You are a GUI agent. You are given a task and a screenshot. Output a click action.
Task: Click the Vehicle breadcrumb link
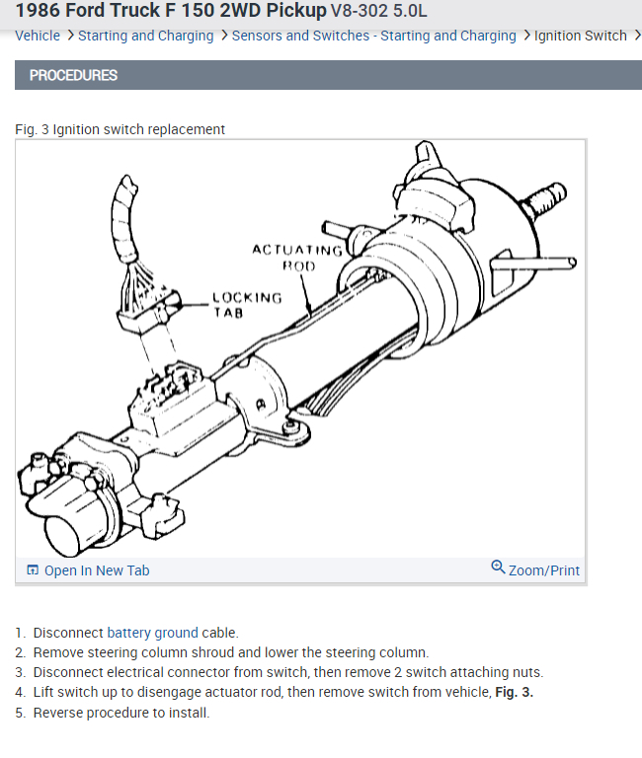(38, 36)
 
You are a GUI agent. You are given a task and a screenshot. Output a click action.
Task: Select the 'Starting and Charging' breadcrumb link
(145, 36)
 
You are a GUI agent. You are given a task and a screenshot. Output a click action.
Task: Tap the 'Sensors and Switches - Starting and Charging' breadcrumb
(373, 36)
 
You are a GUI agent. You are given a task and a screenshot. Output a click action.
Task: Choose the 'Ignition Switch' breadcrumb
(580, 36)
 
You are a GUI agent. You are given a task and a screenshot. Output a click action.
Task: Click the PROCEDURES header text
(73, 75)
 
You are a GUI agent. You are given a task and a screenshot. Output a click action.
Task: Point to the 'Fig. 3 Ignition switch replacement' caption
(120, 129)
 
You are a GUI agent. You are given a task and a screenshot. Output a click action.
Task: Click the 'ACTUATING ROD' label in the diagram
(297, 257)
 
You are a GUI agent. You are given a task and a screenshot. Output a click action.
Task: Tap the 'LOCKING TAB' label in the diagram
(247, 304)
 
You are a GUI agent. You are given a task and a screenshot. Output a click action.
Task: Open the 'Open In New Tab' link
(97, 570)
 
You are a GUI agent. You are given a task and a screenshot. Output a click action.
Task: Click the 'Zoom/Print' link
(543, 570)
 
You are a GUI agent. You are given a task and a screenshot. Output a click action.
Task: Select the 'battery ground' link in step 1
(152, 633)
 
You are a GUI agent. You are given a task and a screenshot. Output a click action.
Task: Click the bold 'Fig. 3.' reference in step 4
(514, 692)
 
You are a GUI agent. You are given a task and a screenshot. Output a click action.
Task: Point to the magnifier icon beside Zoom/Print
(498, 568)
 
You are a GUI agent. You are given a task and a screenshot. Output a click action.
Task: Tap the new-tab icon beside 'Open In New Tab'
(33, 570)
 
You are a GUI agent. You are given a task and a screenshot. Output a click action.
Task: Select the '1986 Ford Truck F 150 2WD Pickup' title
(170, 13)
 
